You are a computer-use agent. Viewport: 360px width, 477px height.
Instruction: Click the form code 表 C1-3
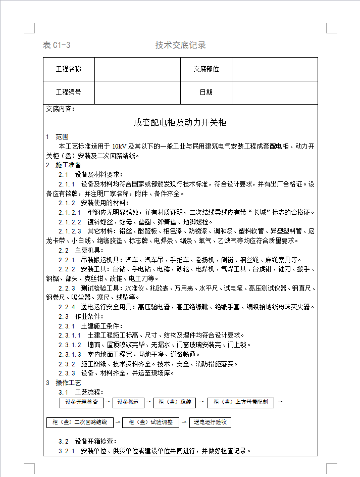click(57, 45)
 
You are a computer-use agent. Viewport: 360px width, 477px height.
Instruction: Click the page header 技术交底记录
click(180, 45)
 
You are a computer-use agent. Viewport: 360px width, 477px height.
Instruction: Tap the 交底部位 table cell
click(206, 69)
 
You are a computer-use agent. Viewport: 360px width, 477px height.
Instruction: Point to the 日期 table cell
click(206, 92)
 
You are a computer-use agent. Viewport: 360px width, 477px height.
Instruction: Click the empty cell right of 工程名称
click(137, 69)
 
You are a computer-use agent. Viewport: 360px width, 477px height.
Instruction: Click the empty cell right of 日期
click(274, 92)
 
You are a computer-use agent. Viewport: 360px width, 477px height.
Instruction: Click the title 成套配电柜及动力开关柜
click(180, 122)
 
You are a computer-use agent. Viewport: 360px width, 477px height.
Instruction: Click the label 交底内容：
click(60, 109)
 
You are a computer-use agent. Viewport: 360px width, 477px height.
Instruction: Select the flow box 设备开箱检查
click(81, 402)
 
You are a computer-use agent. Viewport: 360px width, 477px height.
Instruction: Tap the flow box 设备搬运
click(128, 402)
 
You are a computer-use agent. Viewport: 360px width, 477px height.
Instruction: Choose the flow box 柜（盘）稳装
click(175, 402)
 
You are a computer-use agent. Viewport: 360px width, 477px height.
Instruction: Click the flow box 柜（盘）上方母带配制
click(241, 402)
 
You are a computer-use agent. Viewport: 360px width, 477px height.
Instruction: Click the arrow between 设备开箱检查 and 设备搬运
click(108, 402)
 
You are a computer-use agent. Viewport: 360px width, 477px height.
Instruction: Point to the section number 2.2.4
click(67, 307)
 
